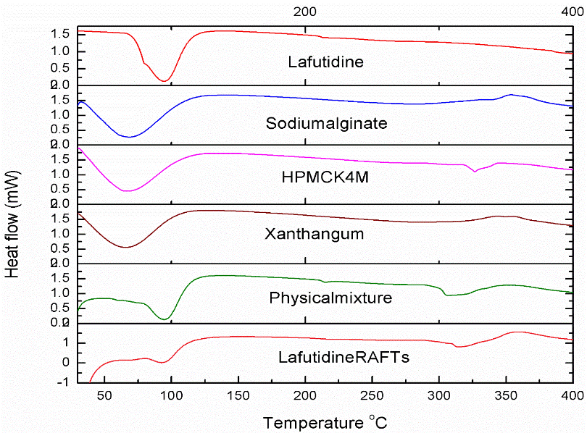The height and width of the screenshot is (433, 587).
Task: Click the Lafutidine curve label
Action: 325,62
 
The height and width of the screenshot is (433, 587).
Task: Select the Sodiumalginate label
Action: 326,123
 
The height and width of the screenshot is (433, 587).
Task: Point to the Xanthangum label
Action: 325,235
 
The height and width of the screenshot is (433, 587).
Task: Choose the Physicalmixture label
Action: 330,298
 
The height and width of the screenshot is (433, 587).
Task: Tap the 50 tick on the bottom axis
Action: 104,396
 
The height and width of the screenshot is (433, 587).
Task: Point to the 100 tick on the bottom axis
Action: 171,396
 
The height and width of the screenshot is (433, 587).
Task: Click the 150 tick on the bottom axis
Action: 238,396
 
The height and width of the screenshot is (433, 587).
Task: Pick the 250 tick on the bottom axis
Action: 372,396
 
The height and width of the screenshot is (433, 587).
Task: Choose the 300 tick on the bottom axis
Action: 438,396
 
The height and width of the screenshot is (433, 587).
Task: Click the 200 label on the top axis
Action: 305,11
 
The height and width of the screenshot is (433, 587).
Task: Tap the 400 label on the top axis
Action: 573,11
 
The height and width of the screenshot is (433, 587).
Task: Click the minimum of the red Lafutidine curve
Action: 165,80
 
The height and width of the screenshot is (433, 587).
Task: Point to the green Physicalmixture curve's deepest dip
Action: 165,319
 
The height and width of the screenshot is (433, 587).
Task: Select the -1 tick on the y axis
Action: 66,382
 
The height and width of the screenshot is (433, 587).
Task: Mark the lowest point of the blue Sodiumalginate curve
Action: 128,137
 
